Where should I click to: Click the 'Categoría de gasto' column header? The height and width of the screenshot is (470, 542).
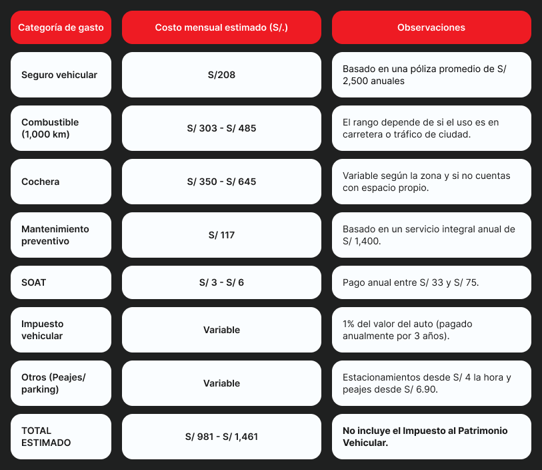pos(61,27)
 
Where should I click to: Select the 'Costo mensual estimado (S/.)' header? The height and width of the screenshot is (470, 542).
pos(221,27)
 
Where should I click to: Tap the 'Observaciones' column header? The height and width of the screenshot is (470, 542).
pos(431,27)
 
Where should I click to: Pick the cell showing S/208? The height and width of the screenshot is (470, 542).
pos(221,75)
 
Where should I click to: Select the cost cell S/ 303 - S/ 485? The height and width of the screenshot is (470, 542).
pos(221,128)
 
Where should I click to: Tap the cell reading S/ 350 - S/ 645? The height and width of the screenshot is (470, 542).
pos(221,182)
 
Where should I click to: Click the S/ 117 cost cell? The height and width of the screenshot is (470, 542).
pos(221,235)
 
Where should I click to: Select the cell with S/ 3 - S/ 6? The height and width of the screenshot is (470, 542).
pos(221,282)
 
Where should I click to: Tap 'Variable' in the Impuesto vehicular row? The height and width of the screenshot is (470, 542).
pos(221,330)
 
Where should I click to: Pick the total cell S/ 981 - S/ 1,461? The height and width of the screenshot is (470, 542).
pos(221,437)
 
